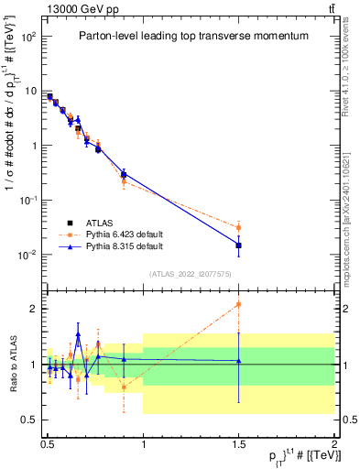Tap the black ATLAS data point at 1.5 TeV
tap(238, 245)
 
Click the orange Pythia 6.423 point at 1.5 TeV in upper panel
tap(238, 227)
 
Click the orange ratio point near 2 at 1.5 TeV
tap(238, 304)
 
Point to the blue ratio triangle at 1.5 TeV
tap(238, 361)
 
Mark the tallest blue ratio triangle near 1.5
tap(78, 335)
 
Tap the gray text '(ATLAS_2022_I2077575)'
tap(190, 274)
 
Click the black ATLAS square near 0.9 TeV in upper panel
tap(124, 174)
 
